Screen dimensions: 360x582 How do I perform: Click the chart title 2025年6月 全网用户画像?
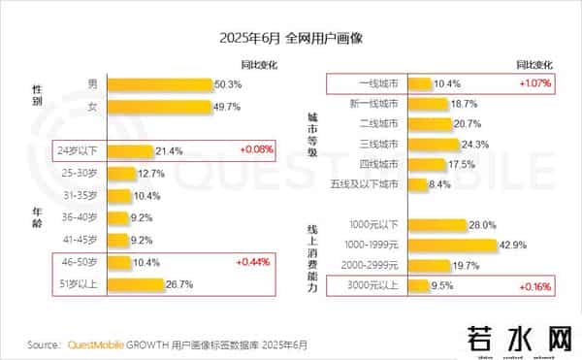(x=290, y=40)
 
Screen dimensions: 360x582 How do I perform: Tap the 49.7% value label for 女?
(x=227, y=106)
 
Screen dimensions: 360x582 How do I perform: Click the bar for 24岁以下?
(x=130, y=150)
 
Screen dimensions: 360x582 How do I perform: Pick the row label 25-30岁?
(x=80, y=173)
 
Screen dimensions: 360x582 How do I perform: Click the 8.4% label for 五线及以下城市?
(x=440, y=184)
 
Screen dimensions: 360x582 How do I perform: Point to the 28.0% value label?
(x=482, y=225)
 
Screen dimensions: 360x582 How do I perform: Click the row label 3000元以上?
(x=375, y=286)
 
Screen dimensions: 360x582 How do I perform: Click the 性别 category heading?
(x=37, y=95)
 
